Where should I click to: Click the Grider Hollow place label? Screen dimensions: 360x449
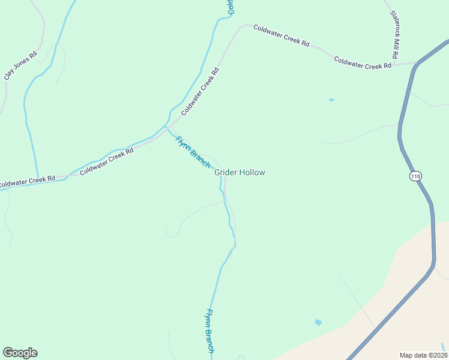[240, 172]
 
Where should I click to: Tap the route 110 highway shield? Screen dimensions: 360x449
[416, 176]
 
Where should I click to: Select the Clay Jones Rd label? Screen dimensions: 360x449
[20, 65]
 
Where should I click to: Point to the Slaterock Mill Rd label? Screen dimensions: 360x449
[394, 34]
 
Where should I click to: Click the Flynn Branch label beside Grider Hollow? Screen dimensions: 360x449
[192, 152]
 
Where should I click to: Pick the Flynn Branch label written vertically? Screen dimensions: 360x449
[210, 331]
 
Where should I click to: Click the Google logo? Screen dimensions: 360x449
[20, 353]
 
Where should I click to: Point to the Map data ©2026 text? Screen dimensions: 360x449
[423, 355]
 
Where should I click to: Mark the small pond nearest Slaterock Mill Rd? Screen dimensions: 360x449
[331, 100]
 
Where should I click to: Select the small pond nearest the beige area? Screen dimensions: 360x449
[318, 322]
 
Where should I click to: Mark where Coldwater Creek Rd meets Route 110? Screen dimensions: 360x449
[415, 62]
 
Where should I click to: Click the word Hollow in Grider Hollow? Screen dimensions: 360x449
[252, 172]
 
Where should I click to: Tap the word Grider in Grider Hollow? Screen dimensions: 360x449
[226, 172]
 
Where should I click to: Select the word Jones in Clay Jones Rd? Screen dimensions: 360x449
[20, 65]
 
